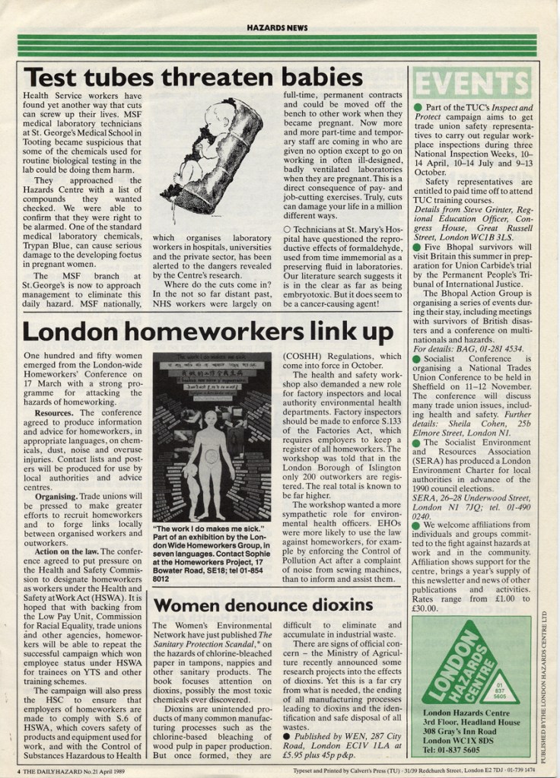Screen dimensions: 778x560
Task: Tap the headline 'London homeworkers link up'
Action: pos(208,332)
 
